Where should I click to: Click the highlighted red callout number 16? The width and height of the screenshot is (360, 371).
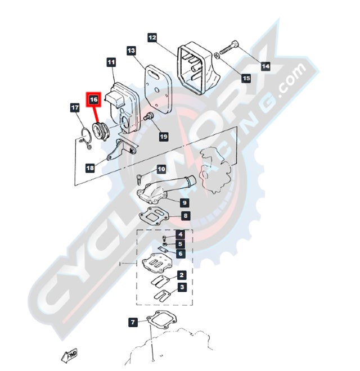point(93,99)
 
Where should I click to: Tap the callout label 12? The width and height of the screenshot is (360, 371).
point(152,38)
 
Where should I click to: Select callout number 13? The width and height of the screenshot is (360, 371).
point(131,51)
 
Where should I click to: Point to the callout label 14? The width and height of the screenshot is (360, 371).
point(265,66)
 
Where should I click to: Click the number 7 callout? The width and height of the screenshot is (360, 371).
point(133,322)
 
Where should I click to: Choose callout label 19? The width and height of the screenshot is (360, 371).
point(164,137)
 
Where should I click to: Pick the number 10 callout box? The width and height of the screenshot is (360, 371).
point(161,169)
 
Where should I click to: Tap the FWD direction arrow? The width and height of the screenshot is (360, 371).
point(69,355)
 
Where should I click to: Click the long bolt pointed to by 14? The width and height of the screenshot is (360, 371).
point(229,47)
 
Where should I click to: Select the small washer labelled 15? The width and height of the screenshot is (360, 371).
point(216,55)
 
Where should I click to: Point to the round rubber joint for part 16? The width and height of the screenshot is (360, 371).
point(101,131)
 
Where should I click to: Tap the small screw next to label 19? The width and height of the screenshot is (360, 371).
point(149,116)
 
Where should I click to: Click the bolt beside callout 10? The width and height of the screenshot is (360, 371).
point(139,179)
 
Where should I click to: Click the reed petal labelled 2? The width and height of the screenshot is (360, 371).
point(160,280)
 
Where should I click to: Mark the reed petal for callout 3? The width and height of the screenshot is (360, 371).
point(163,295)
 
